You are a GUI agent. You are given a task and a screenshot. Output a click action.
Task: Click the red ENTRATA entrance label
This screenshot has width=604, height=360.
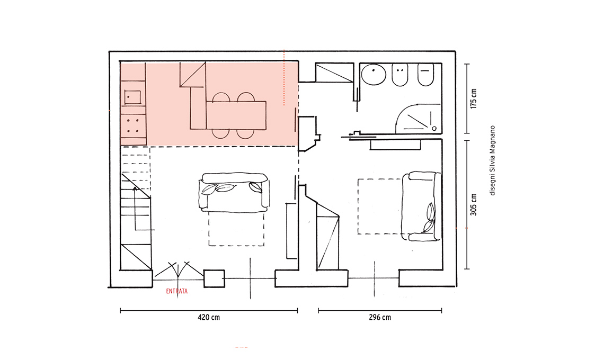(177, 292)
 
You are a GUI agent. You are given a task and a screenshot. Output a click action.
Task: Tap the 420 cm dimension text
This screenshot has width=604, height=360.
(209, 317)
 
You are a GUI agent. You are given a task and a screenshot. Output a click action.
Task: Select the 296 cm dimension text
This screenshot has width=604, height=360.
(380, 317)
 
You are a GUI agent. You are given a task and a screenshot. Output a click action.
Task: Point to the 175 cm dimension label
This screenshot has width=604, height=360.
(474, 98)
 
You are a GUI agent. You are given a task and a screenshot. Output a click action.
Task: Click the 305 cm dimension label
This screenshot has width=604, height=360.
(474, 204)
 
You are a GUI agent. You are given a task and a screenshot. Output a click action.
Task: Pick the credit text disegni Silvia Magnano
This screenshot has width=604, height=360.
(492, 160)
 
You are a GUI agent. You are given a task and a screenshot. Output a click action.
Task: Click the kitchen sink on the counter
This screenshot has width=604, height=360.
(132, 97)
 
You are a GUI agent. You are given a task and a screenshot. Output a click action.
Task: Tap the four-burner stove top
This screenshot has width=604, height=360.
(134, 125)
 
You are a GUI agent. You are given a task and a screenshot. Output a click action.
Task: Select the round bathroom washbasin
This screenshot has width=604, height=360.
(374, 74)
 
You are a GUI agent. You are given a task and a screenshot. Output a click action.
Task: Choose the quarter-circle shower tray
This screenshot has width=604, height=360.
(418, 119)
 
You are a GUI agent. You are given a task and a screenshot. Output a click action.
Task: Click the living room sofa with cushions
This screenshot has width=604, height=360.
(234, 192)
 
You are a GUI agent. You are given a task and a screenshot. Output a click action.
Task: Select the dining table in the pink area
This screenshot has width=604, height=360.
(236, 115)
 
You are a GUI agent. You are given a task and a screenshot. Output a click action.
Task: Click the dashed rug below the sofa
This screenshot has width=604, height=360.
(236, 228)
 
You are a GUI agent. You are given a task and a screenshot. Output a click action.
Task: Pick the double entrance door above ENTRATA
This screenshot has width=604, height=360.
(179, 270)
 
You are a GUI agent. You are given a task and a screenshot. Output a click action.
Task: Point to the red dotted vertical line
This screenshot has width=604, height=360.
(284, 77)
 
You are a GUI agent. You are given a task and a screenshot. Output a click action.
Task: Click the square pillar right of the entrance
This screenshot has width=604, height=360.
(214, 278)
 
